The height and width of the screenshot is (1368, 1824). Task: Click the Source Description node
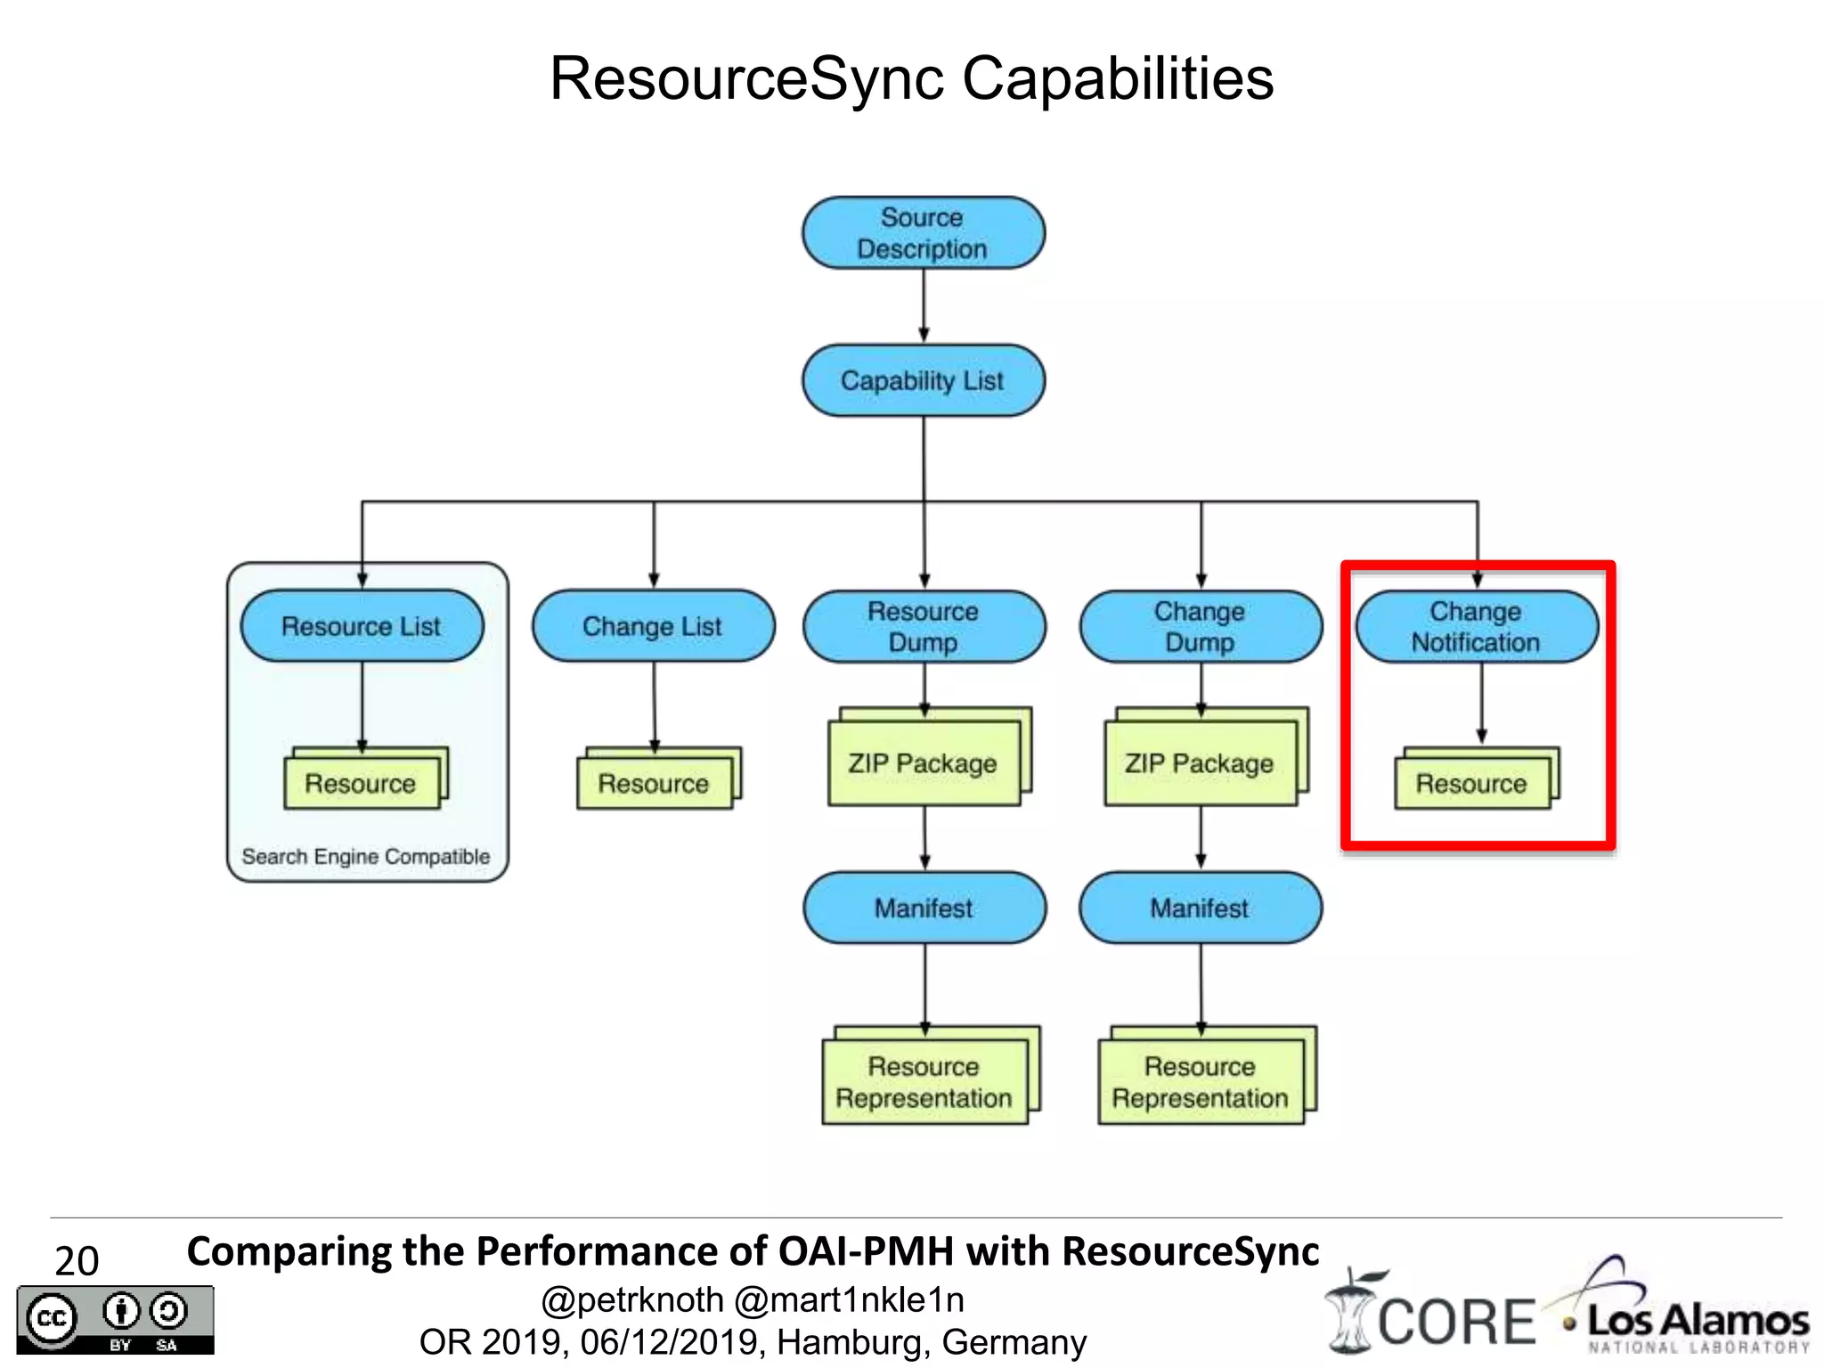(923, 233)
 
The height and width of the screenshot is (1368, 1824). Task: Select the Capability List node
(923, 380)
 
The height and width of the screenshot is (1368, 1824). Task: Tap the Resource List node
(362, 625)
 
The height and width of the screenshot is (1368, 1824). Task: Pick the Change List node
(653, 625)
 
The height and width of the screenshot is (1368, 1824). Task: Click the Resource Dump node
(924, 626)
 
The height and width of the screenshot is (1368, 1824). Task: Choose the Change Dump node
(1200, 626)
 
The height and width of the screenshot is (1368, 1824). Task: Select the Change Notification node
(1476, 626)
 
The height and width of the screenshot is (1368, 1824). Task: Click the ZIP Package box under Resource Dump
(924, 763)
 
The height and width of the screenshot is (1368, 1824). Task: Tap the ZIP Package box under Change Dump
(1200, 763)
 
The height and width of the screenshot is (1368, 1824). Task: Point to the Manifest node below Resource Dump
(924, 908)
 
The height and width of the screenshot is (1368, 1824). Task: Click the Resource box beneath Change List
(654, 783)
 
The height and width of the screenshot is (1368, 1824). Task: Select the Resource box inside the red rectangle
(1471, 783)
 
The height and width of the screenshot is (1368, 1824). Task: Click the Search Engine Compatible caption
(366, 856)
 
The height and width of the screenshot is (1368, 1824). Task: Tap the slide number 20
(77, 1260)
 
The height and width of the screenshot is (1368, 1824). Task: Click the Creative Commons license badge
(115, 1320)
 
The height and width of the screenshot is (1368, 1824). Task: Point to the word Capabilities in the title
(1118, 78)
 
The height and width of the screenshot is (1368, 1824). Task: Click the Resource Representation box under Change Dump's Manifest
(1201, 1081)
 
